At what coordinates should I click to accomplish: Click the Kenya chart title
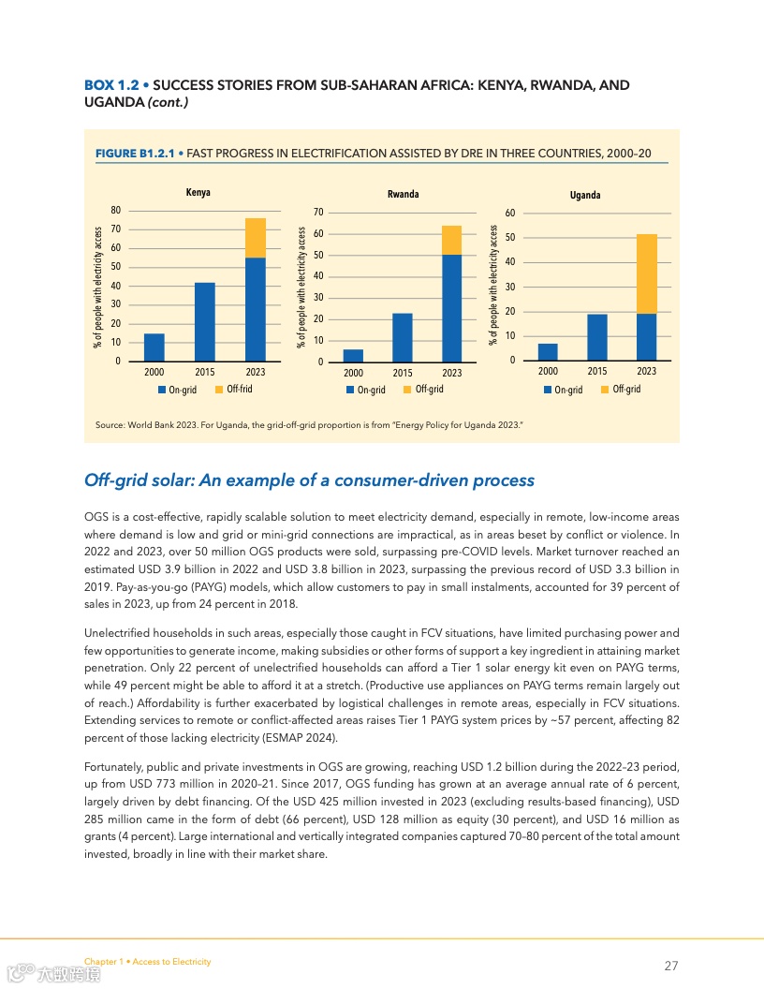(x=198, y=193)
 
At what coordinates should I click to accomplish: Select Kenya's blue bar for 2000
(x=154, y=347)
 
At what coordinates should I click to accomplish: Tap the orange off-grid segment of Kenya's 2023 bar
(x=255, y=238)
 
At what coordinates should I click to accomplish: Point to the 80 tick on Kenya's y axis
(x=116, y=210)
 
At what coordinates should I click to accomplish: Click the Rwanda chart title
(x=403, y=195)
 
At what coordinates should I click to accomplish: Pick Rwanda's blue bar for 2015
(x=403, y=337)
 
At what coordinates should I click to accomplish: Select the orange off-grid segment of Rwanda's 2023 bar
(x=452, y=240)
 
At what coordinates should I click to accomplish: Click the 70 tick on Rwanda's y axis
(x=318, y=213)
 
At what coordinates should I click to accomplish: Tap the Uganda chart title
(x=585, y=195)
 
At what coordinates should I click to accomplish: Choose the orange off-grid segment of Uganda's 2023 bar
(x=646, y=273)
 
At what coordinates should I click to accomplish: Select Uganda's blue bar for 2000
(x=548, y=352)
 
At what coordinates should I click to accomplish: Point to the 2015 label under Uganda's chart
(x=596, y=372)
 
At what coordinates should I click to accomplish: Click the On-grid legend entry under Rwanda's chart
(x=366, y=390)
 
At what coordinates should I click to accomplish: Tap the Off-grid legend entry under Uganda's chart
(x=621, y=389)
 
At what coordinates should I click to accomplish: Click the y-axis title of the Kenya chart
(x=97, y=287)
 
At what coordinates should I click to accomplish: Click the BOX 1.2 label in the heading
(x=111, y=85)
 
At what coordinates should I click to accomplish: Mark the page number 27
(x=670, y=966)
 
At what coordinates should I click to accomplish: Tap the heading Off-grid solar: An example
(x=309, y=480)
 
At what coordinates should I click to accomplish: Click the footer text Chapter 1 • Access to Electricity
(x=147, y=962)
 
